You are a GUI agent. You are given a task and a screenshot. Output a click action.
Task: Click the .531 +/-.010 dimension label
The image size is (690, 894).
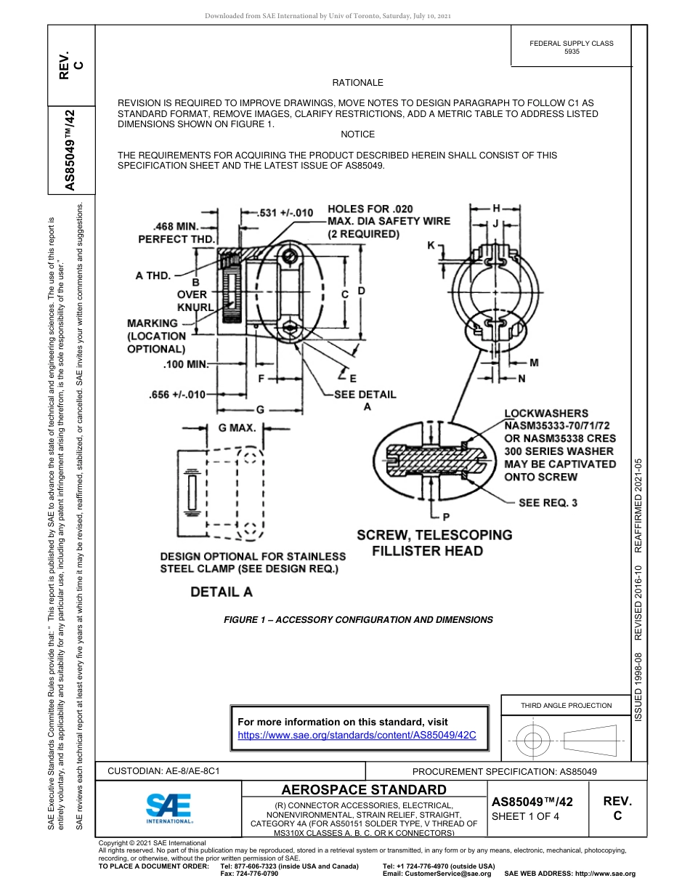(286, 213)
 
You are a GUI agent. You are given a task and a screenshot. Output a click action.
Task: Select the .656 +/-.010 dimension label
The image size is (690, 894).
(176, 395)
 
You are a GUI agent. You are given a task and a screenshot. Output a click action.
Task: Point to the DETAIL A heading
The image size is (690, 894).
(222, 592)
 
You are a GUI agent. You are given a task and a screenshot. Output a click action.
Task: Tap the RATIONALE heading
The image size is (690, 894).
(357, 84)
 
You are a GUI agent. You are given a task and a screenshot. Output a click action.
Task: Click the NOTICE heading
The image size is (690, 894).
(357, 134)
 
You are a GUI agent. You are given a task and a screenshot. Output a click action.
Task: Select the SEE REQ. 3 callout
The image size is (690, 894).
(549, 502)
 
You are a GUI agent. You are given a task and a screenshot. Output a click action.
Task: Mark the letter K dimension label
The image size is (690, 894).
(431, 246)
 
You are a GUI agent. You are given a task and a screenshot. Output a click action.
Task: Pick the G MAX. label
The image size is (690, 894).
(238, 428)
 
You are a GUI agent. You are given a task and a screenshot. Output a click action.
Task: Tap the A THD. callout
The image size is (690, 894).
(153, 275)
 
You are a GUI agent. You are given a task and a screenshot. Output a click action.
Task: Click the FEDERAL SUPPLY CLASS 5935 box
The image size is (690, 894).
(571, 48)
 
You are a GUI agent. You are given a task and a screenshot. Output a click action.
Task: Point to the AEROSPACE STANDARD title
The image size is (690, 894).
(364, 789)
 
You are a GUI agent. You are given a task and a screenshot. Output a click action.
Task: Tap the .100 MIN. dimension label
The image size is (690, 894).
(184, 363)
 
